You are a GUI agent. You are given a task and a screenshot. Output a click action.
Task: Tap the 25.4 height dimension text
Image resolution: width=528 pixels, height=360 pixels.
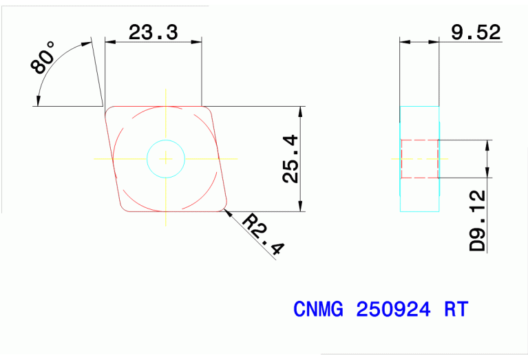pyautogui.click(x=291, y=159)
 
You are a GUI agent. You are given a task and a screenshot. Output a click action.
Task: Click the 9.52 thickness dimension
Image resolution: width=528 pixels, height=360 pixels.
pyautogui.click(x=476, y=32)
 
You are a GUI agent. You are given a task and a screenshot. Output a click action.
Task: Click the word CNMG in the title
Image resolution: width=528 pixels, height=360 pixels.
pyautogui.click(x=319, y=309)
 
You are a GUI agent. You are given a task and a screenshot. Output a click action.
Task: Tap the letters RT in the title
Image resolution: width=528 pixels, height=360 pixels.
pyautogui.click(x=456, y=309)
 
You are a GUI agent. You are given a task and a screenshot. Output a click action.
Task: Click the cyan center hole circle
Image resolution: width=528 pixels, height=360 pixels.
pyautogui.click(x=166, y=158)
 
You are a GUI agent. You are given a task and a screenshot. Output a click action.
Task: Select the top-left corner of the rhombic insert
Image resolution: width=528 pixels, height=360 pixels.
pyautogui.click(x=109, y=110)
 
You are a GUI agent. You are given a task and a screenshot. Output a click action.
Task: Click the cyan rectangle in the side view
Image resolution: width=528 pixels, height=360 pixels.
pyautogui.click(x=420, y=158)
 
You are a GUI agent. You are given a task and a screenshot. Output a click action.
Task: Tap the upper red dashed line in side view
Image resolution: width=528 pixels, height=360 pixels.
pyautogui.click(x=420, y=140)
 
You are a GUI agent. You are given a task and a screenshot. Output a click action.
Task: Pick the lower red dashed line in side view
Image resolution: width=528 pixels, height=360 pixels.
pyautogui.click(x=420, y=178)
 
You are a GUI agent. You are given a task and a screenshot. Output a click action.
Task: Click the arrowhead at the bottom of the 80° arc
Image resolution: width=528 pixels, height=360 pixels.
pyautogui.click(x=39, y=103)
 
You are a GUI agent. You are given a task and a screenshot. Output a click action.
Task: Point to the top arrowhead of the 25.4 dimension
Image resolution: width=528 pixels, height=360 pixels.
pyautogui.click(x=301, y=111)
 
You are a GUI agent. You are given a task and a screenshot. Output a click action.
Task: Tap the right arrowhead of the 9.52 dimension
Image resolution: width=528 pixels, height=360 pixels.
pyautogui.click(x=435, y=42)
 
